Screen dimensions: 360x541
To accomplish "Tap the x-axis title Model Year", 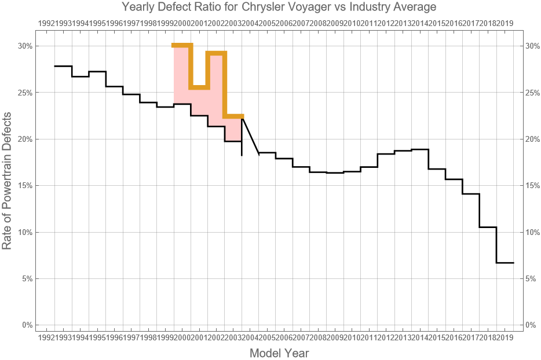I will click(279, 353).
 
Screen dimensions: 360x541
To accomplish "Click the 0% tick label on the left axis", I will click(26, 325).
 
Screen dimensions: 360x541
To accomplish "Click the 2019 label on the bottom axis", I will click(505, 337).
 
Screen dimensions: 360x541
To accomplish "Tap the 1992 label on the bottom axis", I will click(46, 337).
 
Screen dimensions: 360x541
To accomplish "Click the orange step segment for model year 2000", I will click(182, 45).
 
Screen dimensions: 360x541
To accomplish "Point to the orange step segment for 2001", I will click(199, 87).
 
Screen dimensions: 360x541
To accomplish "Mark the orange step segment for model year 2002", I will click(216, 53).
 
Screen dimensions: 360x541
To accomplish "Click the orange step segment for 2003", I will click(233, 116).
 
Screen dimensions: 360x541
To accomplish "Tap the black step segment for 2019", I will click(505, 263).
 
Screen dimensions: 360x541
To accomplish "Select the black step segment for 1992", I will click(63, 66).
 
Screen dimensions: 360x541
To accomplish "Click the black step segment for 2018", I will click(488, 227).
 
